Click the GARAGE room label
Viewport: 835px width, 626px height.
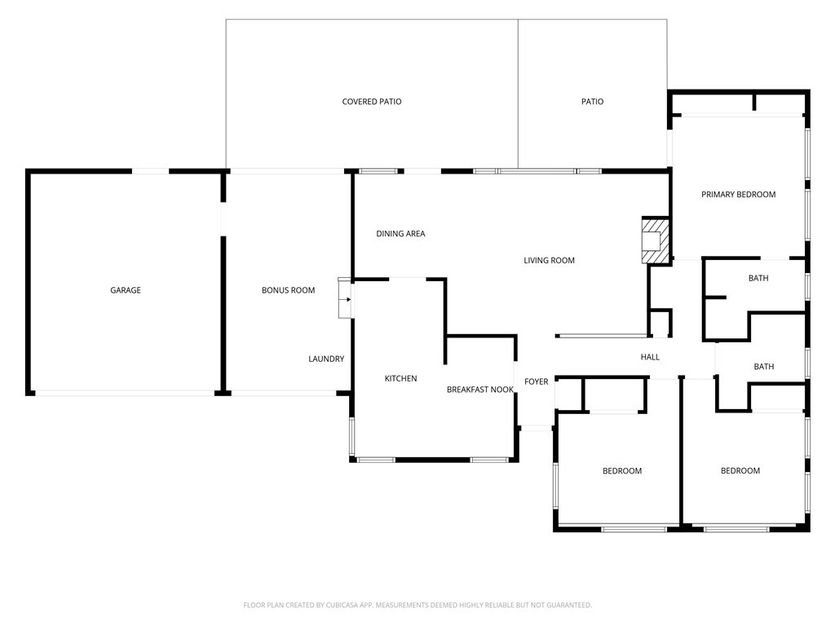pyautogui.click(x=126, y=290)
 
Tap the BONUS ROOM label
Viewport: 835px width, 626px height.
pyautogui.click(x=288, y=290)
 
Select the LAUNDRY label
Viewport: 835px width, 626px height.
pyautogui.click(x=326, y=359)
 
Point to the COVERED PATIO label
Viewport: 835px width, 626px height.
pyautogui.click(x=372, y=102)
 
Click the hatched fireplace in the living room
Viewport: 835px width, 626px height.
pyautogui.click(x=656, y=240)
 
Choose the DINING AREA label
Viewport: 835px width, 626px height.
pyautogui.click(x=400, y=234)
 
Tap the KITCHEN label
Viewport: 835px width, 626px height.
pyautogui.click(x=401, y=378)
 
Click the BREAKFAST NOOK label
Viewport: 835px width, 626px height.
pyautogui.click(x=480, y=390)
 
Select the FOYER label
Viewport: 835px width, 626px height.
pyautogui.click(x=537, y=381)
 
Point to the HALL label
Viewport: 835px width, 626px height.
pyautogui.click(x=650, y=357)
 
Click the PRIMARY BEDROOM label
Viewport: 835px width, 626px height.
pyautogui.click(x=739, y=195)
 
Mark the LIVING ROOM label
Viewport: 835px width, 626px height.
pyautogui.click(x=549, y=260)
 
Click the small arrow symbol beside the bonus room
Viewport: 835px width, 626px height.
pyautogui.click(x=347, y=299)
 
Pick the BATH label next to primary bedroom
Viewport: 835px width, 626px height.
pyautogui.click(x=758, y=278)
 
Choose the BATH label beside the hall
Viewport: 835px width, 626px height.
pyautogui.click(x=763, y=367)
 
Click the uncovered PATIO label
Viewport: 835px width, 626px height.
pyautogui.click(x=593, y=102)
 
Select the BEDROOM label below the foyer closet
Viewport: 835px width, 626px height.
pyautogui.click(x=622, y=471)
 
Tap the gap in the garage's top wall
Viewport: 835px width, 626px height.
pyautogui.click(x=150, y=171)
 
